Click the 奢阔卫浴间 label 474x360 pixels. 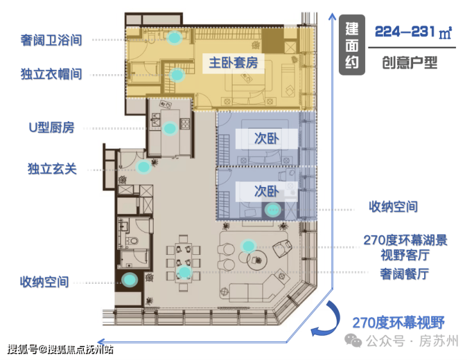(51, 40)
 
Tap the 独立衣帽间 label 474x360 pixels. (51, 74)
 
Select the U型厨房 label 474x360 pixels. (52, 127)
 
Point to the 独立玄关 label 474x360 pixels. (53, 168)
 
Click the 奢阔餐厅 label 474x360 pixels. (404, 274)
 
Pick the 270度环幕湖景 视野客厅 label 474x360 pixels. (405, 247)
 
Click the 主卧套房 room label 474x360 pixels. (233, 63)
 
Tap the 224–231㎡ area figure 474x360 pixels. (413, 32)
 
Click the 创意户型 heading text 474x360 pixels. (409, 63)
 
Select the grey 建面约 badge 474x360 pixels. (352, 45)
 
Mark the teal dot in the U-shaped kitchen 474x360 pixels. (170, 129)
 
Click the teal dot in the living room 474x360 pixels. (248, 246)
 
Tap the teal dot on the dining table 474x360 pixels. (184, 272)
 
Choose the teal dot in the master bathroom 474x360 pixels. (174, 38)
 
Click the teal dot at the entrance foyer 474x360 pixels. (143, 167)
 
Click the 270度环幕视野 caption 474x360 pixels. (398, 323)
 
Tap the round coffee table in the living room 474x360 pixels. (257, 260)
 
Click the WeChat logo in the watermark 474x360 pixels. (353, 340)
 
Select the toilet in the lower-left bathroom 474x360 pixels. (132, 241)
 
